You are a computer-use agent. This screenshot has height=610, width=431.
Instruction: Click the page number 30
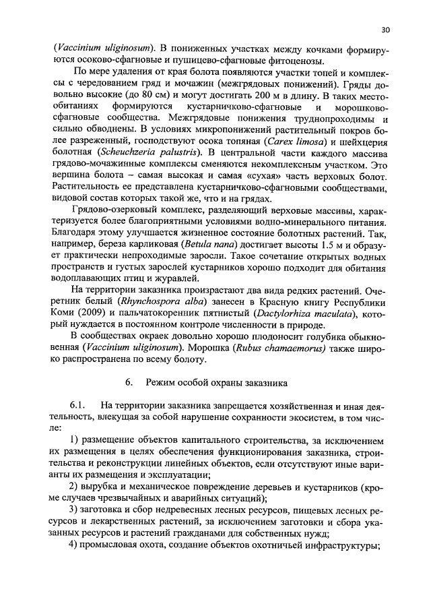[385, 30]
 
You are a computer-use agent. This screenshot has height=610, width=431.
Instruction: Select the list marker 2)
[75, 487]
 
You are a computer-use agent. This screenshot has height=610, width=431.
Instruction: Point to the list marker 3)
[75, 509]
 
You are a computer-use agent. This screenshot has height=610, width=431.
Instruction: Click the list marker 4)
[75, 546]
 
